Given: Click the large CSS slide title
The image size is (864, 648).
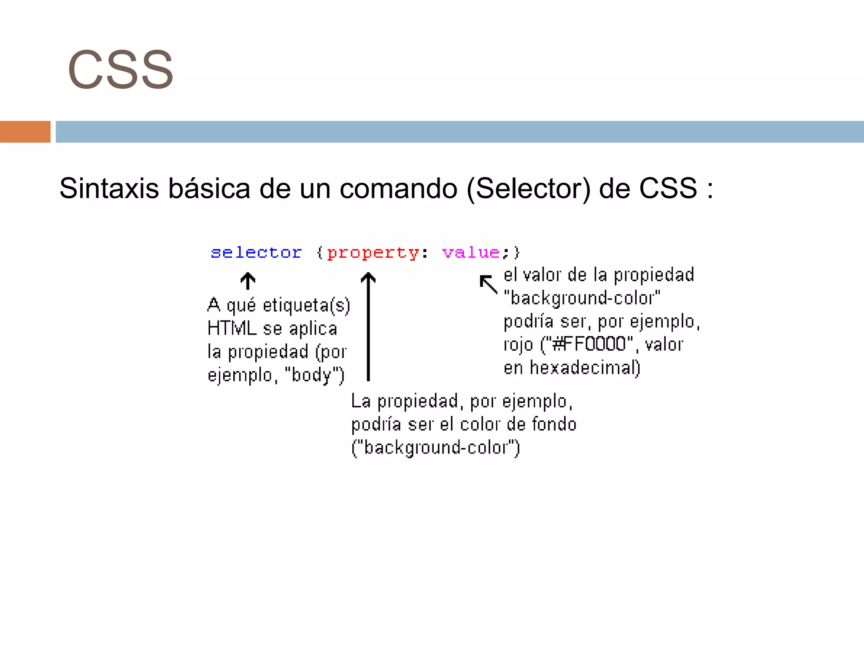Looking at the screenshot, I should tap(120, 70).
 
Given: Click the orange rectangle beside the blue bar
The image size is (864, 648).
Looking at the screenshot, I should tap(25, 132).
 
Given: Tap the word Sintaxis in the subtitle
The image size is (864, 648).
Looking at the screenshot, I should tap(109, 188).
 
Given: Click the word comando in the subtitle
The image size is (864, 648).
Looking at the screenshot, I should tap(398, 188).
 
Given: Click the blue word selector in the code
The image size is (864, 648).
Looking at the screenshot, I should tap(256, 252).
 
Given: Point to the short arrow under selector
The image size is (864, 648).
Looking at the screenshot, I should tap(248, 281).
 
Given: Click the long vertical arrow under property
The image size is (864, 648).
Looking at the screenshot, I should tap(368, 327).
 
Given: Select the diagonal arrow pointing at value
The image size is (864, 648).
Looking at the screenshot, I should tap(489, 284).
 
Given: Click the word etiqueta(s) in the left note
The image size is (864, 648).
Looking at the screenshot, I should tap(306, 305).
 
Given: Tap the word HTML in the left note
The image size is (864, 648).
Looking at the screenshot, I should tap(232, 328).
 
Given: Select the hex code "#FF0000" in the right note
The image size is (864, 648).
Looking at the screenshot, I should tap(590, 344).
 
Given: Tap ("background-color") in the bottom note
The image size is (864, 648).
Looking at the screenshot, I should tap(435, 448).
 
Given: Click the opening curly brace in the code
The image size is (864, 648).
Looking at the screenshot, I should tap(319, 253).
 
